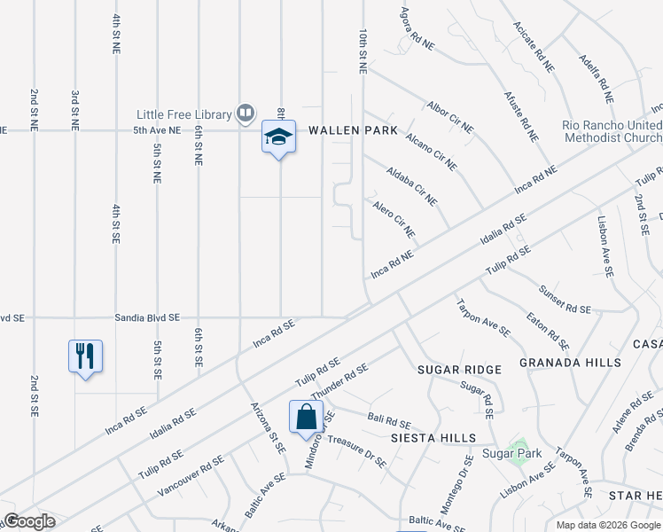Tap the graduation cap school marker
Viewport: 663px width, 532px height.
[278, 138]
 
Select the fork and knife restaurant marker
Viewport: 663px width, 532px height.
[85, 356]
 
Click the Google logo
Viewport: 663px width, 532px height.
[29, 521]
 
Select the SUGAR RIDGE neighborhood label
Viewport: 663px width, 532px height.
[459, 369]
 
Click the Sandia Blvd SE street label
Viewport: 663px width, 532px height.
[147, 317]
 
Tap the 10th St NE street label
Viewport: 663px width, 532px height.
[363, 50]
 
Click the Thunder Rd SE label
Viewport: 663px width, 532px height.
[339, 379]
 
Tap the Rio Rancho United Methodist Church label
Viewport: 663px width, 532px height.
[612, 131]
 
